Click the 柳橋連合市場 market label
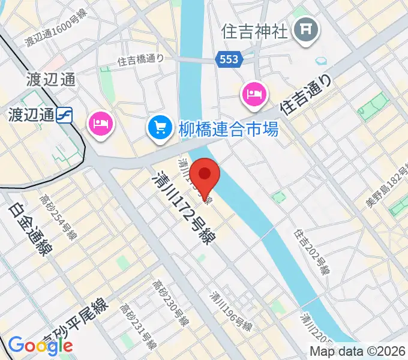pyautogui.click(x=228, y=128)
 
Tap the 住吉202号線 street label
pyautogui.click(x=312, y=252)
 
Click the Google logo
pyautogui.click(x=40, y=346)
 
